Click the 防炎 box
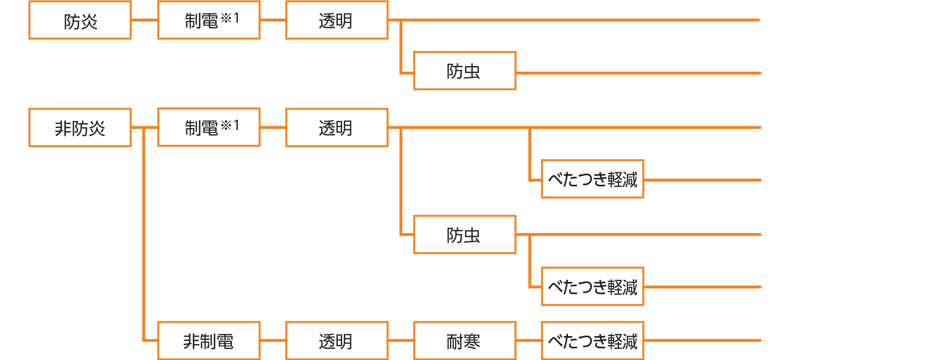(80, 20)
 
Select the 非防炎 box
(80, 127)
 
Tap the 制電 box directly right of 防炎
(209, 20)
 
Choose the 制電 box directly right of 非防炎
(209, 127)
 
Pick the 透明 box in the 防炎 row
(337, 20)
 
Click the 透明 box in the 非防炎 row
(337, 127)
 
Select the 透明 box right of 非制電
(337, 340)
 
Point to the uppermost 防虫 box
(464, 71)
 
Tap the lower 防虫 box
(464, 235)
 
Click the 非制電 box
(209, 340)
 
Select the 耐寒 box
(464, 340)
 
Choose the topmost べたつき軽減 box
(592, 179)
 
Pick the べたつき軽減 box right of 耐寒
(592, 340)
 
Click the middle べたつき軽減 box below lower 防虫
(592, 286)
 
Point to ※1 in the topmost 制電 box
(230, 18)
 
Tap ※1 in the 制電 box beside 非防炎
(230, 125)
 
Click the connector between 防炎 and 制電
(144, 20)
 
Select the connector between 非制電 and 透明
(273, 340)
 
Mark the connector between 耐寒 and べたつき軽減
(529, 340)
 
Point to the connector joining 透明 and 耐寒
(401, 340)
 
